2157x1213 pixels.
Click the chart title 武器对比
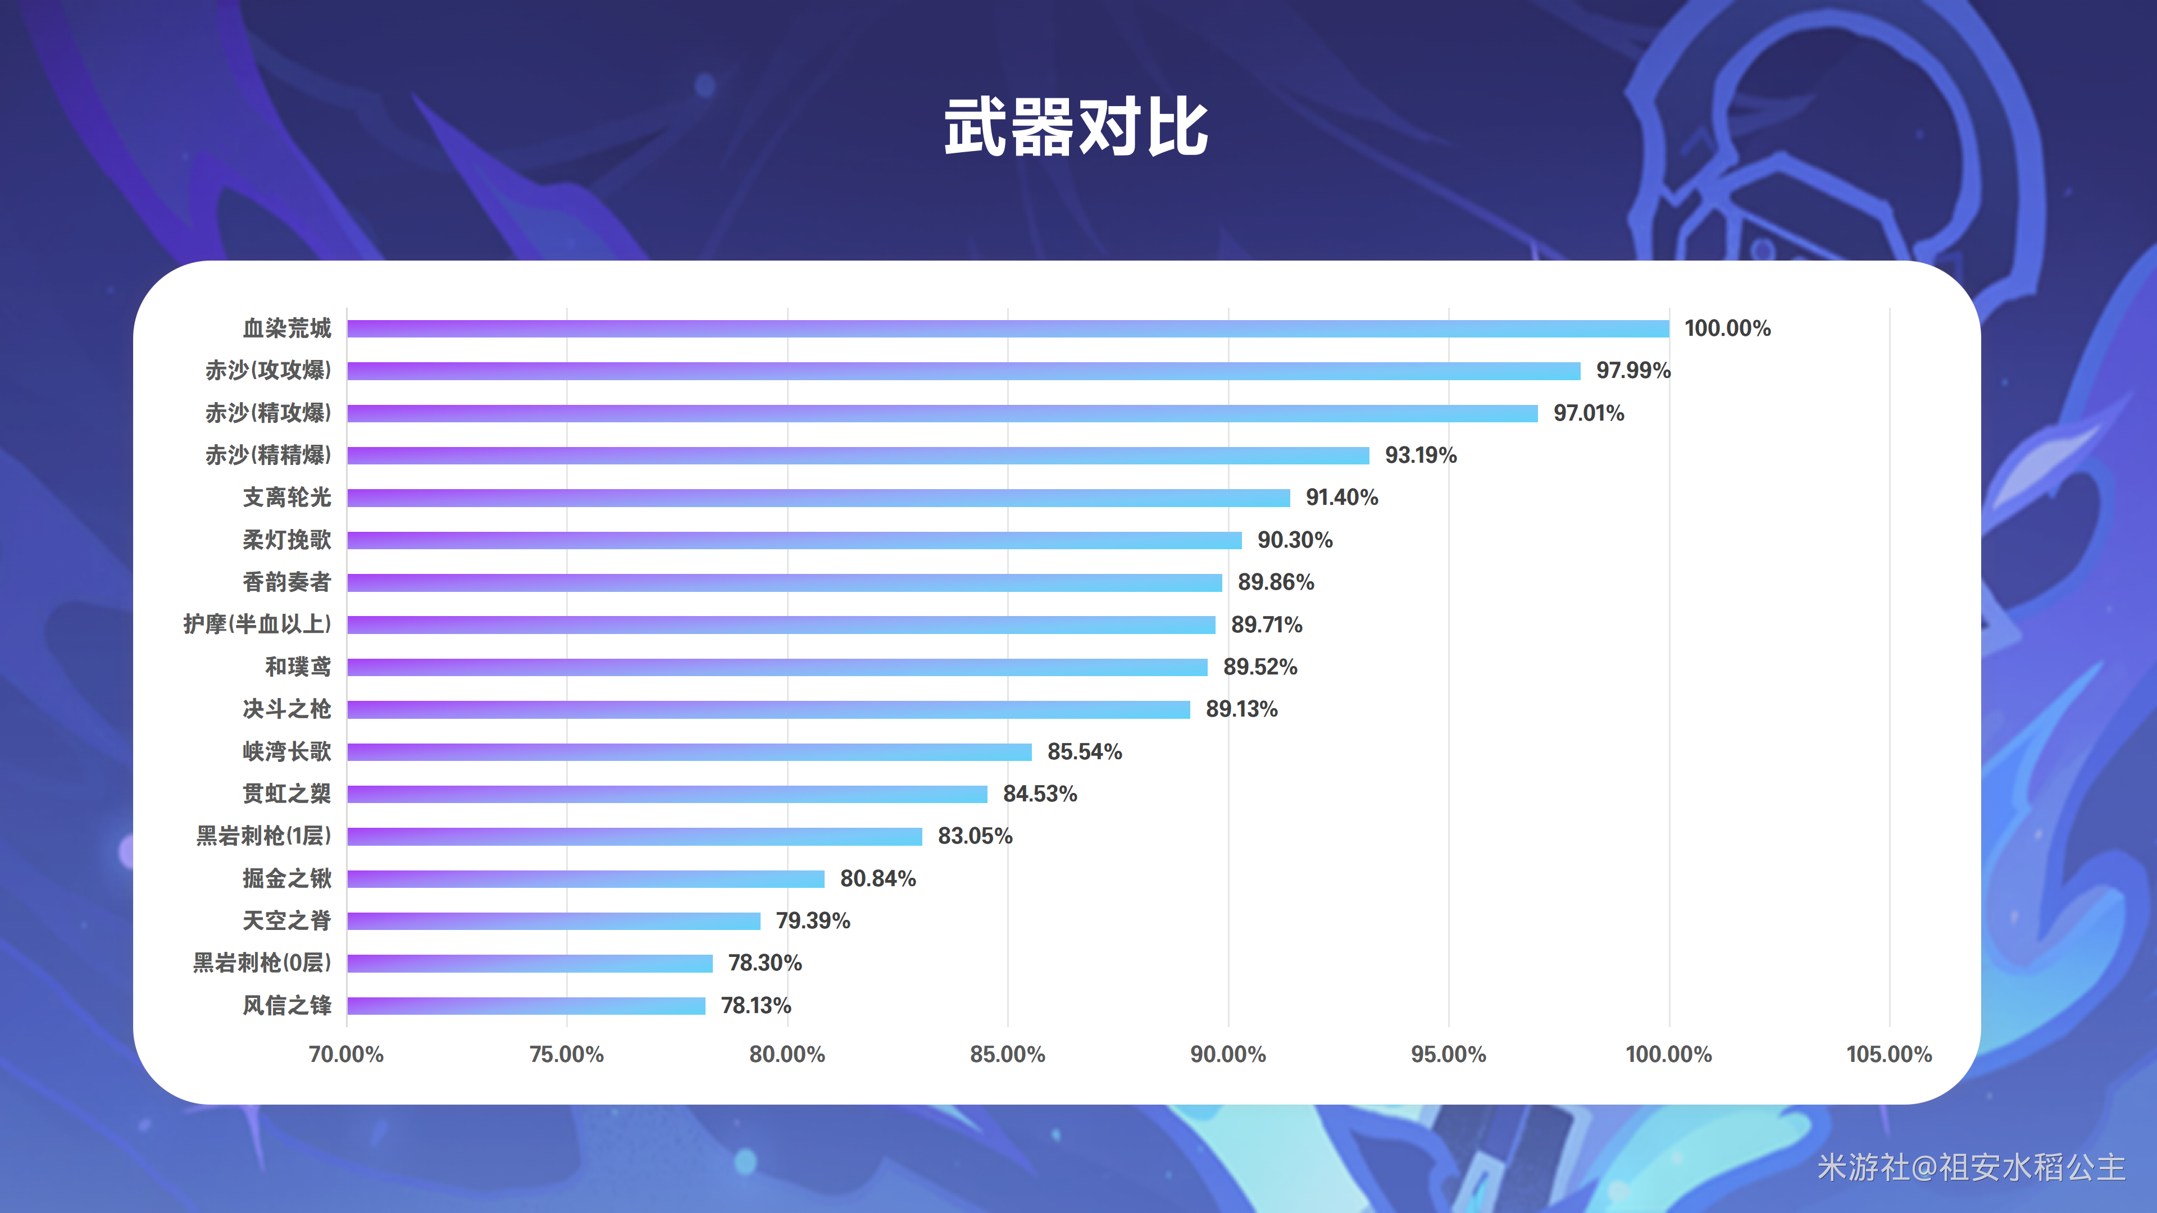(x=1076, y=127)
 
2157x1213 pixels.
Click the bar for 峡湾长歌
(x=689, y=752)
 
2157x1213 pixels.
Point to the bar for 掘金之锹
(x=585, y=878)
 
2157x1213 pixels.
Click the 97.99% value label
(x=1633, y=370)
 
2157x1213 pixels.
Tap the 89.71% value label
(x=1266, y=624)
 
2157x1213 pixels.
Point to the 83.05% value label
(x=975, y=836)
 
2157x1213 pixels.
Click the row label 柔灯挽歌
(x=287, y=540)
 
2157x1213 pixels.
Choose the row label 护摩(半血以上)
(x=257, y=624)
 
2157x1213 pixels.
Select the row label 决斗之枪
(x=287, y=709)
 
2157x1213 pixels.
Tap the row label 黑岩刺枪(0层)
(x=262, y=963)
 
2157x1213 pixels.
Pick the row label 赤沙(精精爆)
(x=268, y=454)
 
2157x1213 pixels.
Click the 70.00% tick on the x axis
(x=346, y=1054)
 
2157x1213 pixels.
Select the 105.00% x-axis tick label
(x=1889, y=1054)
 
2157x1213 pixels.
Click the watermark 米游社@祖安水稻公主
(x=1971, y=1167)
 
